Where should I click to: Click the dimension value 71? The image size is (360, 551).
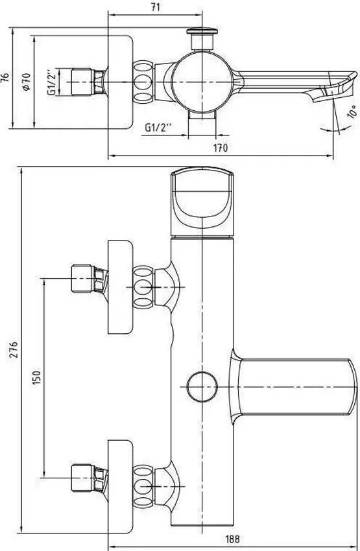pyautogui.click(x=155, y=7)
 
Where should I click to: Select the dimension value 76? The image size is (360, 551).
pyautogui.click(x=5, y=77)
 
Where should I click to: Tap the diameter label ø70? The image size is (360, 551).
pyautogui.click(x=27, y=82)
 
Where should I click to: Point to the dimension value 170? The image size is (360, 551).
pyautogui.click(x=221, y=148)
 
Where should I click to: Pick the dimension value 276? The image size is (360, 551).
pyautogui.click(x=14, y=349)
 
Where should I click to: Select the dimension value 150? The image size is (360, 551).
pyautogui.click(x=36, y=377)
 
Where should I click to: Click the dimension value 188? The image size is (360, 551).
pyautogui.click(x=232, y=539)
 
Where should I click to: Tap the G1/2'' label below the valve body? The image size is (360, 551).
pyautogui.click(x=158, y=127)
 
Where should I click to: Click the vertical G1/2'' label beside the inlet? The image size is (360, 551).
pyautogui.click(x=52, y=82)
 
